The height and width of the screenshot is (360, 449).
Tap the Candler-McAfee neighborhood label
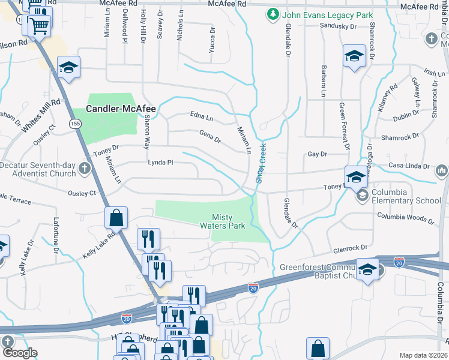pos(121,109)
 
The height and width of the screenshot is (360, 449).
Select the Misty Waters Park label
pos(228,221)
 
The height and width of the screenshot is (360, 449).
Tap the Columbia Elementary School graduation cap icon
pos(362,195)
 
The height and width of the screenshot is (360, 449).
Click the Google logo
pos(19,353)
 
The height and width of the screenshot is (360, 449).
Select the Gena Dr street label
pos(209,137)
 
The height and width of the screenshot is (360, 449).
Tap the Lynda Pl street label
pos(160,162)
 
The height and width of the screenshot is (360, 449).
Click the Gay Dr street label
pos(317,154)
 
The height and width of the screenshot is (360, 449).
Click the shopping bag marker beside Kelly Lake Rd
pos(116,217)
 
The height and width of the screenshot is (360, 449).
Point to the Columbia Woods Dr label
pos(406,218)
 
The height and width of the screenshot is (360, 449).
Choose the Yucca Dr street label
pos(211,40)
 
